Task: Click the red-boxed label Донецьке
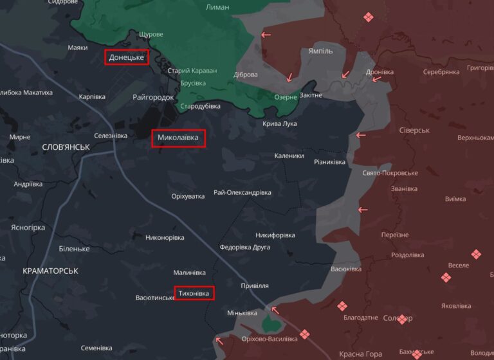coord(127,58)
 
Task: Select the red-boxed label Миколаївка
coord(178,138)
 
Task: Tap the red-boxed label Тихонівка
coord(194,293)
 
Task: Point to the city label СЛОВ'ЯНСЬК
coord(65,147)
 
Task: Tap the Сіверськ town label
coord(414,130)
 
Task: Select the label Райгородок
coord(153,97)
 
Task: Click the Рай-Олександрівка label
coord(242,192)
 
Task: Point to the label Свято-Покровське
coord(390,173)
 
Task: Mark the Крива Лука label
coord(280,123)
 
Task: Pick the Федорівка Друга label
coord(244,247)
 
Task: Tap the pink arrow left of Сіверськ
coord(361,136)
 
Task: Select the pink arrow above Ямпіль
coord(266,35)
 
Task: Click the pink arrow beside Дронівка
coord(346,75)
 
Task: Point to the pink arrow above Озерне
coord(289,78)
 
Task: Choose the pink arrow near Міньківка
coord(275,310)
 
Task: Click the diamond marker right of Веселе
coord(475,255)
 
